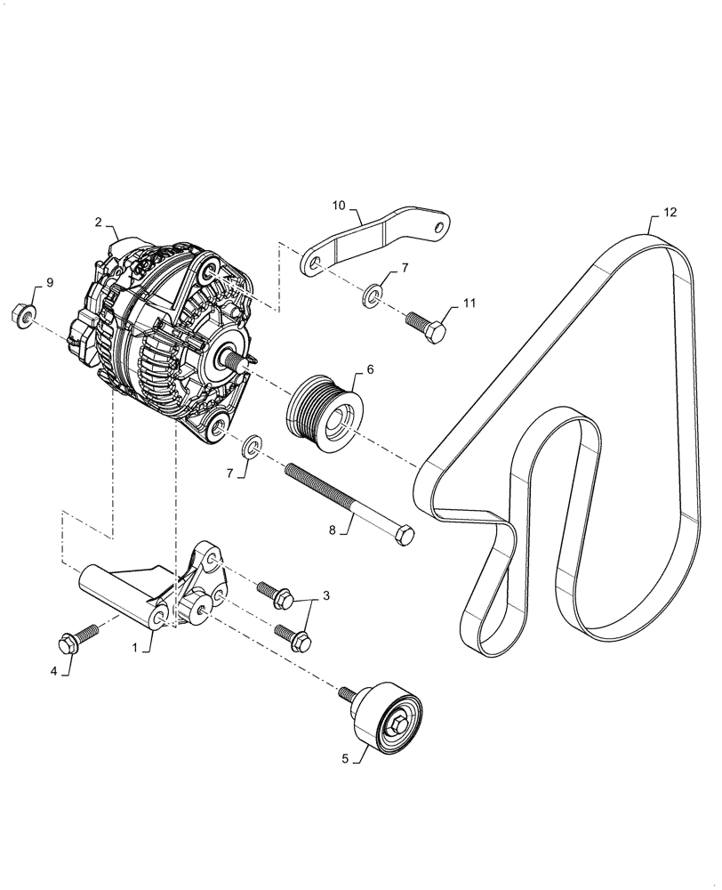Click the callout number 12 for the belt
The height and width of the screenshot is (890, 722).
pos(670,213)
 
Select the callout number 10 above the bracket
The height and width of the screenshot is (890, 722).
pos(340,205)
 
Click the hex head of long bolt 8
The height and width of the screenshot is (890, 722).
pos(404,537)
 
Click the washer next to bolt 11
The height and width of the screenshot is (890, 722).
pos(373,293)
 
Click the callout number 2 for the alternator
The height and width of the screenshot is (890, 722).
pos(100,222)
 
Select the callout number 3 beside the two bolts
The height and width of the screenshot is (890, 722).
pos(326,595)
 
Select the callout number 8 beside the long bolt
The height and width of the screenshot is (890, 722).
pos(333,530)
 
